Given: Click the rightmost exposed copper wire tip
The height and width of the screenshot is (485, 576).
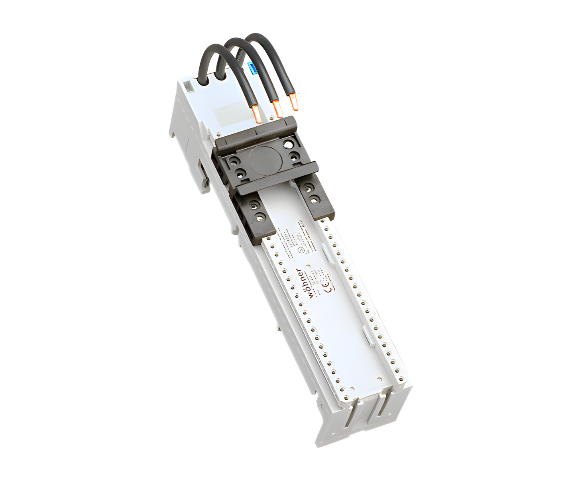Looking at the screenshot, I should [x=294, y=102].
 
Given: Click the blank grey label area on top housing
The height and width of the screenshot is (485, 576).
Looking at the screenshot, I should [x=226, y=117].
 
